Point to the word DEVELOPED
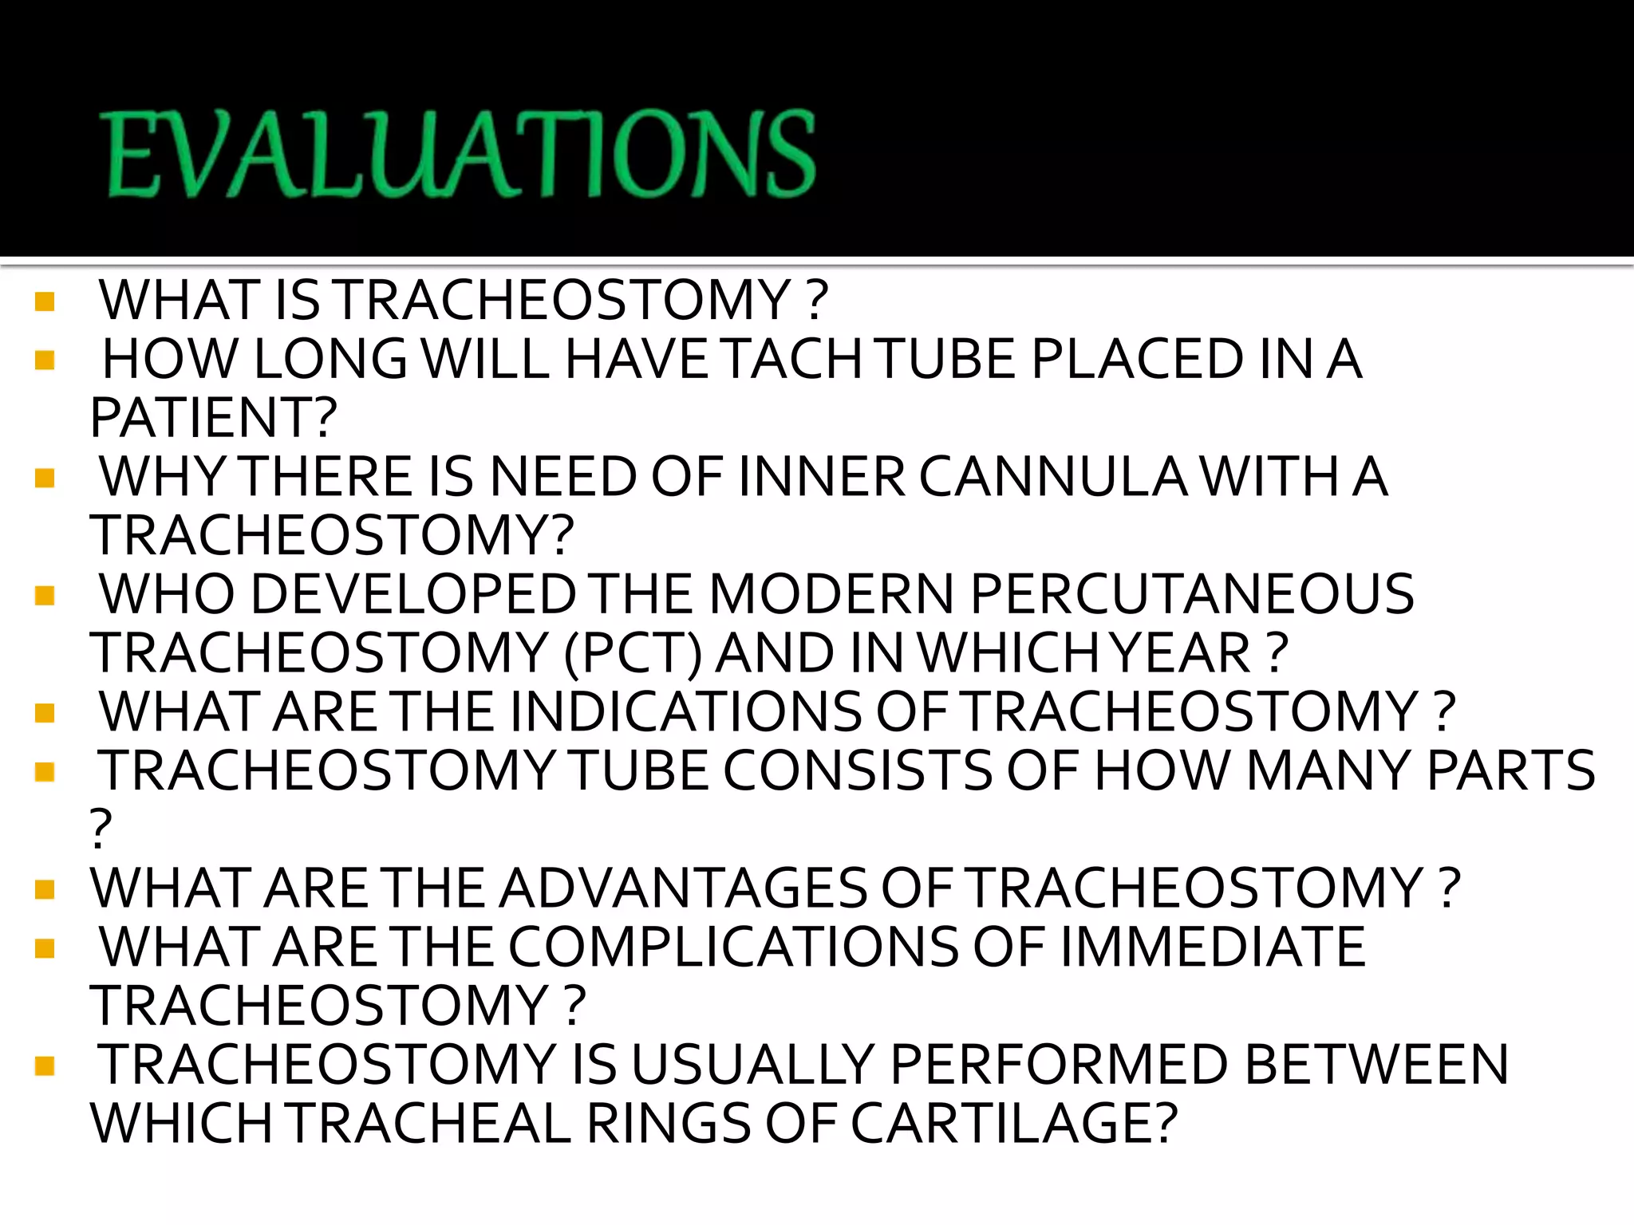[414, 595]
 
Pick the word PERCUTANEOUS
[1192, 595]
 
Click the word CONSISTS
[858, 771]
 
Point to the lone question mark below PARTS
[101, 829]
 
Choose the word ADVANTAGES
[682, 888]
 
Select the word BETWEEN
[1376, 1065]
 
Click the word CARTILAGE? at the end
[1013, 1124]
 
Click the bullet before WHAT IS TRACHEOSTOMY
[45, 301]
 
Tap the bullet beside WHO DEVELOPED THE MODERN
[45, 596]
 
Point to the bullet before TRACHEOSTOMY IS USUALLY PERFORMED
[45, 1065]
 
